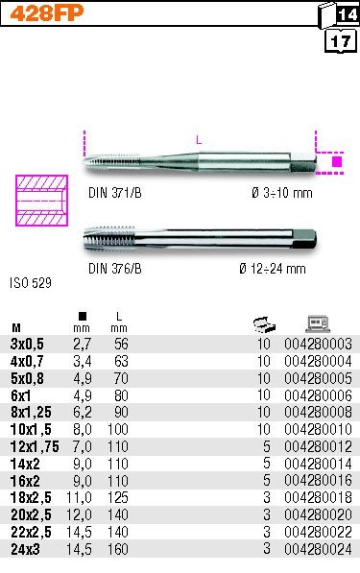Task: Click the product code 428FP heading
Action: click(47, 13)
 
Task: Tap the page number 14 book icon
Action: click(339, 14)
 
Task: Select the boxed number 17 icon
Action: click(340, 41)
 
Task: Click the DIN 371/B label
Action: click(115, 193)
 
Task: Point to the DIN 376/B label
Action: click(115, 269)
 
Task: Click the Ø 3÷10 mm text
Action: click(282, 193)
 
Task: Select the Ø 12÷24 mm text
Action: click(273, 269)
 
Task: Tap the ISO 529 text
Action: click(31, 283)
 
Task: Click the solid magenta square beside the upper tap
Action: click(337, 161)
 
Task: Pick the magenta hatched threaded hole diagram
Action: click(41, 201)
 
